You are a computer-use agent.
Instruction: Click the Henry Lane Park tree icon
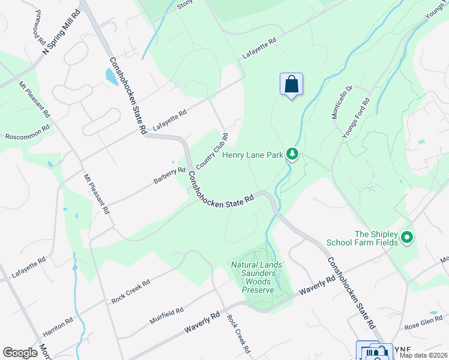(x=292, y=155)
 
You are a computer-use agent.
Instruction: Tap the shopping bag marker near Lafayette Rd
(x=291, y=84)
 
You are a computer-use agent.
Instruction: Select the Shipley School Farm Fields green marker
(x=407, y=238)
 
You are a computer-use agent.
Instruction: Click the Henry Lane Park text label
(x=252, y=155)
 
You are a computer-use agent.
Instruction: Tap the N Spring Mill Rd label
(x=62, y=31)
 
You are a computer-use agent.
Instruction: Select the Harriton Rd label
(x=58, y=327)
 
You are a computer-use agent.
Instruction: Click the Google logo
(x=20, y=353)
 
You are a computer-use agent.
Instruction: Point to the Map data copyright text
(x=423, y=355)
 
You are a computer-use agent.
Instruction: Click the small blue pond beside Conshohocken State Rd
(x=112, y=77)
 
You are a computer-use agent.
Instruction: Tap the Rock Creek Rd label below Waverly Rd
(x=238, y=334)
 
